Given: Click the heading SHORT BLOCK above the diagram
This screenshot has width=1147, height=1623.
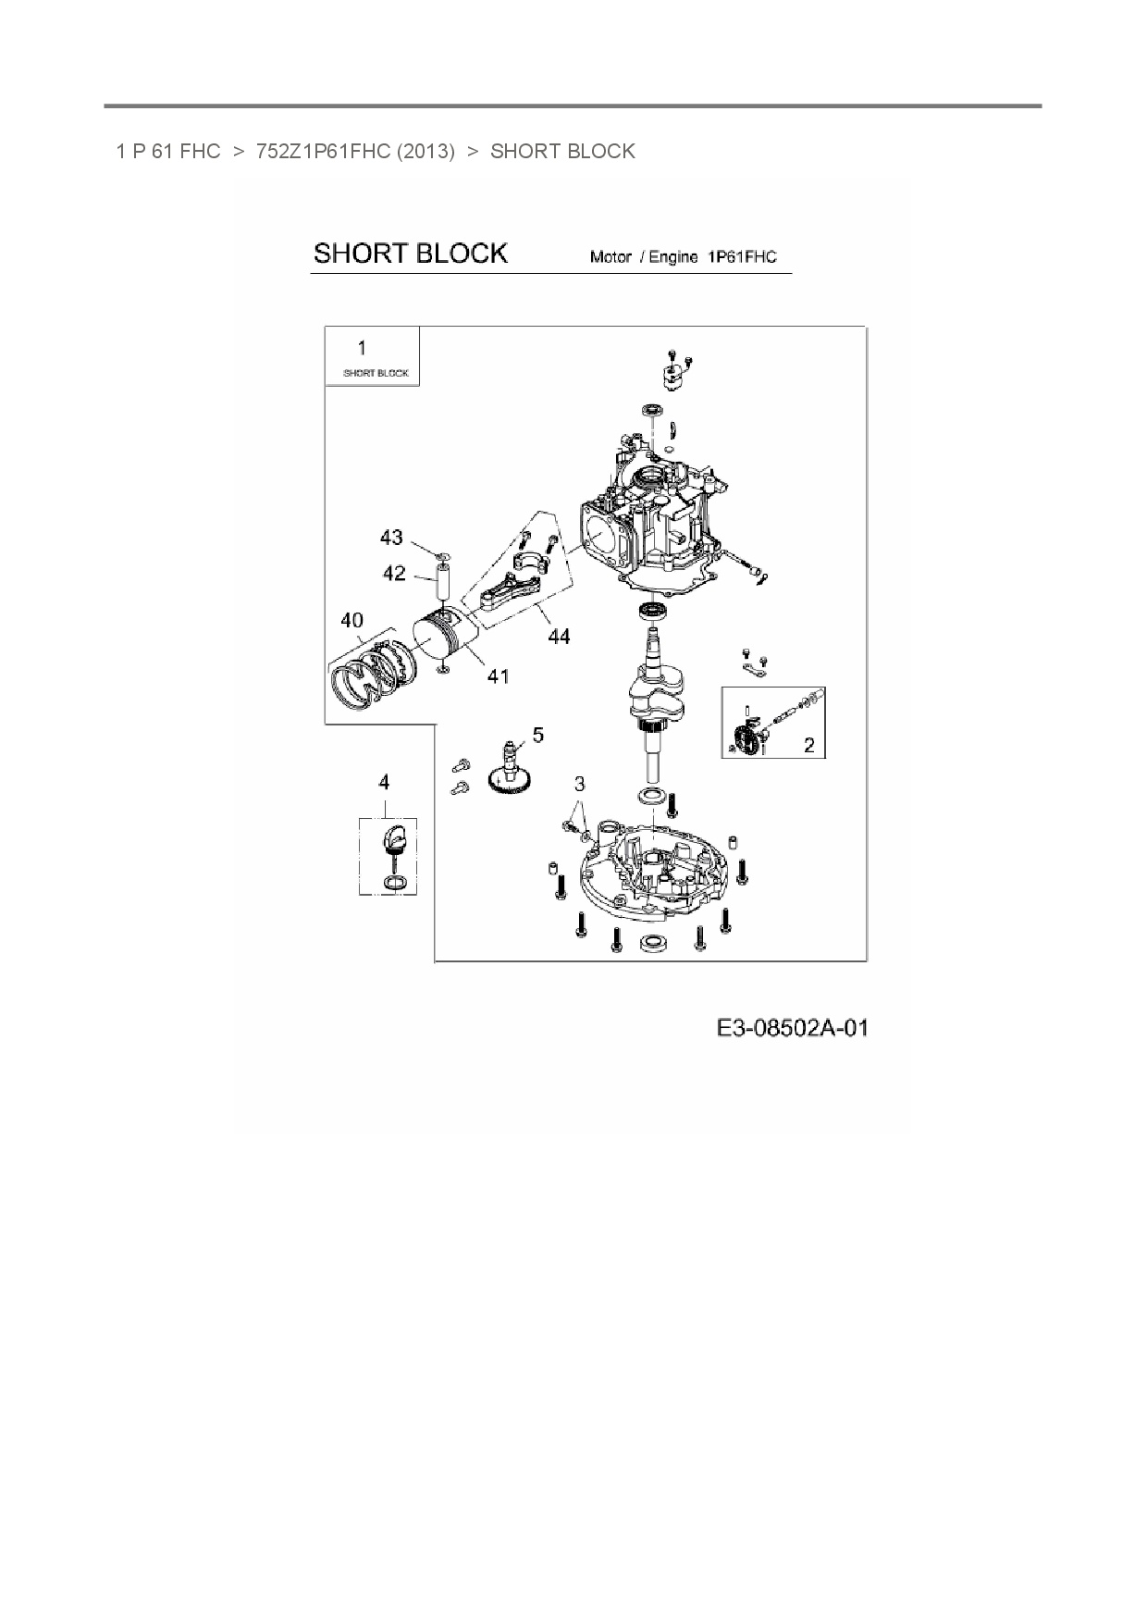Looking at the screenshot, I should coord(410,254).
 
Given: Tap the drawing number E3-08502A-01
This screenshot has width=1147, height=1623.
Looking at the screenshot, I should coord(793,1028).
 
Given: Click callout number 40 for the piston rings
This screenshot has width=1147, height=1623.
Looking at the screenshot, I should coord(351,620).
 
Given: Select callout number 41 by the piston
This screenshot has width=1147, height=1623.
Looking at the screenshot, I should coord(498,676).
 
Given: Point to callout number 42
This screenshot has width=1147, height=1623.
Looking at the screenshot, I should coord(394,574).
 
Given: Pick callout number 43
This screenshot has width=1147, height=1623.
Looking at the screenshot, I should coord(391,538).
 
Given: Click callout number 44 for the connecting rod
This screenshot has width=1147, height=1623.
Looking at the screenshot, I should coord(559,636).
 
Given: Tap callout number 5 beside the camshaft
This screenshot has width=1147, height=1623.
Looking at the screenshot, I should coord(537,736).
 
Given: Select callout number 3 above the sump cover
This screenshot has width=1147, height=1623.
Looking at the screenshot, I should coord(579,784).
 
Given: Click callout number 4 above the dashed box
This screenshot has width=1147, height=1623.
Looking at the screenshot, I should coord(384,782).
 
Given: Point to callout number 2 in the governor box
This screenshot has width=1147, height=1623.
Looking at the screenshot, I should coord(809,745).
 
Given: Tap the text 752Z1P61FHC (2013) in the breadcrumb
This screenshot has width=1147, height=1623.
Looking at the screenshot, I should coord(355,152).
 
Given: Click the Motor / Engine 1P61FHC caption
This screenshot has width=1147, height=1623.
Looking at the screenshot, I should coord(684,257).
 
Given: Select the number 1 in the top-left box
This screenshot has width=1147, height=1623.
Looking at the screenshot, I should coord(362,348).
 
